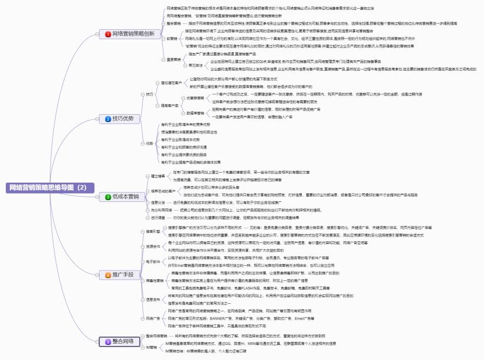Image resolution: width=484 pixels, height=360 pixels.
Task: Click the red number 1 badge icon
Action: [x=108, y=35]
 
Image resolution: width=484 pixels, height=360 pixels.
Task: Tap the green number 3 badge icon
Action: [x=108, y=197]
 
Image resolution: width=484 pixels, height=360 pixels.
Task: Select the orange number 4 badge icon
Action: [x=108, y=275]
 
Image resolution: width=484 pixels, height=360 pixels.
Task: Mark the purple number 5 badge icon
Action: [x=108, y=341]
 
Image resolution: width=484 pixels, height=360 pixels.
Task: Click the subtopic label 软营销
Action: [x=172, y=38]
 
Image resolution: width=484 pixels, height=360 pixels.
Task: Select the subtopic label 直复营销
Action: [x=174, y=60]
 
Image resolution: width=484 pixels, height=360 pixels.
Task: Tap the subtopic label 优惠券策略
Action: [x=195, y=98]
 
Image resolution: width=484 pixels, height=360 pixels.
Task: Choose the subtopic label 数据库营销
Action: [x=195, y=112]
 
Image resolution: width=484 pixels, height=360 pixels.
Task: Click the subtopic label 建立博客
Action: [x=158, y=176]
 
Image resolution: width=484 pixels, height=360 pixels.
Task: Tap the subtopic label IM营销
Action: [x=152, y=347]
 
